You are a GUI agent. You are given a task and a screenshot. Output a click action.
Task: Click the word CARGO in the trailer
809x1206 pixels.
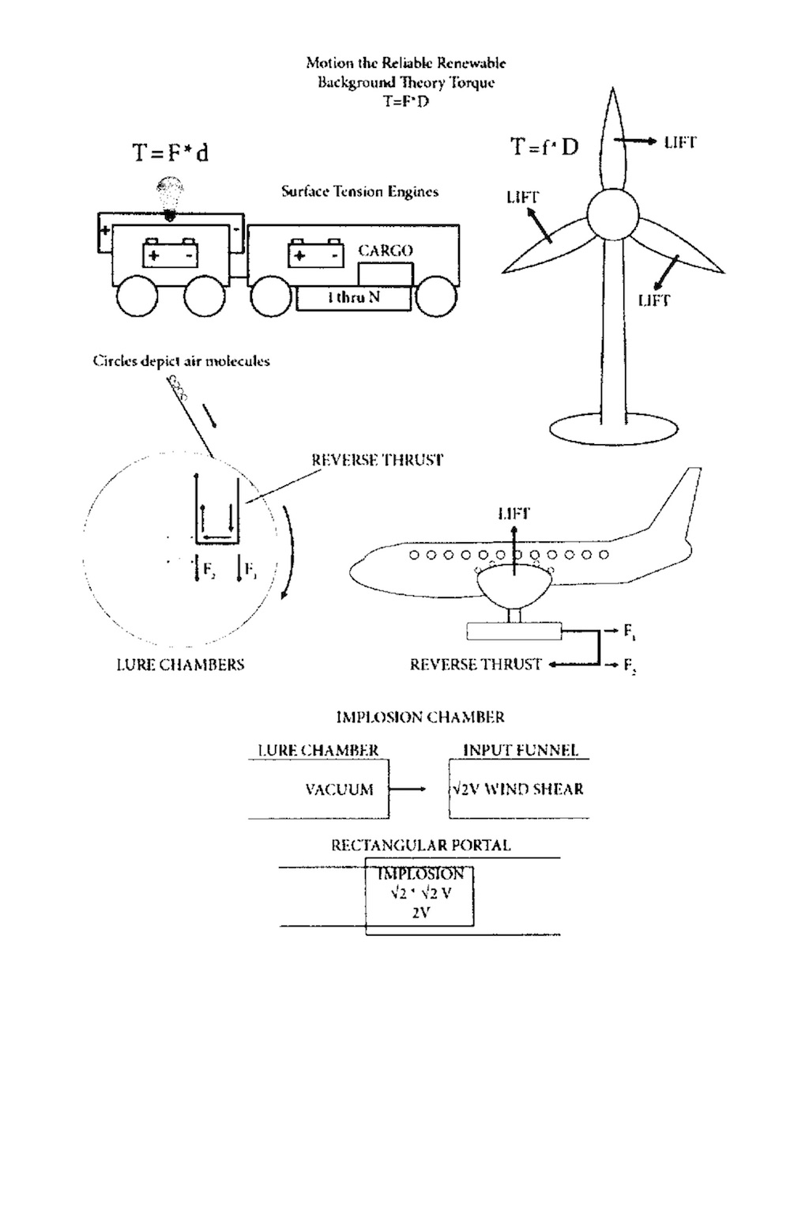pyautogui.click(x=386, y=251)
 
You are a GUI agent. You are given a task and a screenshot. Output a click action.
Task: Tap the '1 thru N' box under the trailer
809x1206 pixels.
pyautogui.click(x=354, y=298)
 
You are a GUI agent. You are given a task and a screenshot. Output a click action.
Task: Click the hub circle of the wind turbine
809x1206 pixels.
pyautogui.click(x=612, y=215)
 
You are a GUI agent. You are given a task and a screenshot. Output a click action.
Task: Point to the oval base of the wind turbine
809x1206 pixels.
pyautogui.click(x=613, y=429)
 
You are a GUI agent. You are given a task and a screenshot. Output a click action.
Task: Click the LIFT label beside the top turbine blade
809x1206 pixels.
pyautogui.click(x=680, y=143)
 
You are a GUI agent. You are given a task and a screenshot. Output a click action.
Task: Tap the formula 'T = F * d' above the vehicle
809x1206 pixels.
pyautogui.click(x=171, y=153)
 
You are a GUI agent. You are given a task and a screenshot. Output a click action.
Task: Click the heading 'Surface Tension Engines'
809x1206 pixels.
pyautogui.click(x=360, y=192)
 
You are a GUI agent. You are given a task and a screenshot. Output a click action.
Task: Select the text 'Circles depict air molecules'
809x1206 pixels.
pyautogui.click(x=182, y=360)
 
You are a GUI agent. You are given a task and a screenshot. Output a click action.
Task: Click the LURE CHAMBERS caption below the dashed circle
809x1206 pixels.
pyautogui.click(x=180, y=665)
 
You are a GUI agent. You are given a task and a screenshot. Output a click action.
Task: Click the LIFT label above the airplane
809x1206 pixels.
pyautogui.click(x=514, y=514)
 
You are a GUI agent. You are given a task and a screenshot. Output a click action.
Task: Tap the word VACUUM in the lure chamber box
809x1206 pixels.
pyautogui.click(x=339, y=790)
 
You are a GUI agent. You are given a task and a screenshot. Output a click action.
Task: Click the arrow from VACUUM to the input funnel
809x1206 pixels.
pyautogui.click(x=408, y=790)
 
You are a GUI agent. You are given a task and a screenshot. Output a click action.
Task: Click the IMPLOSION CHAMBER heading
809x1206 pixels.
pyautogui.click(x=420, y=717)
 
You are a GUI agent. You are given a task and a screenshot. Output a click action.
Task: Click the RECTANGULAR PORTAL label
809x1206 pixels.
pyautogui.click(x=421, y=846)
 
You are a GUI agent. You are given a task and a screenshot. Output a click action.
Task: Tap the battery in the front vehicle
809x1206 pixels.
pyautogui.click(x=170, y=253)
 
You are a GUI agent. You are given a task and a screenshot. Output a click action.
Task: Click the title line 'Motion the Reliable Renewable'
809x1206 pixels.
pyautogui.click(x=406, y=63)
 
